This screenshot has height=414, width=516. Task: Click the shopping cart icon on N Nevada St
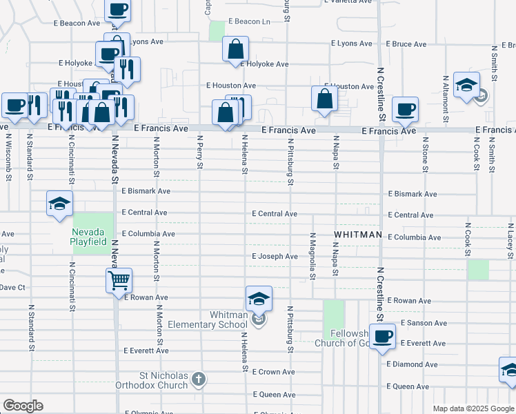119,280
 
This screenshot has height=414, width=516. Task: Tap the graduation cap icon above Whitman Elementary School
259,298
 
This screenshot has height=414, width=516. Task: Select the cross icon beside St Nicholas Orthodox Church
198,379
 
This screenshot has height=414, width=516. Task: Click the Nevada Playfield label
88,237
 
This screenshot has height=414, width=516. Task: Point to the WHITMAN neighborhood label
358,235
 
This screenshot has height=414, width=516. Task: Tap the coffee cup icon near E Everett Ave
382,337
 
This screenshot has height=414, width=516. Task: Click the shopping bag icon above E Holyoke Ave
235,48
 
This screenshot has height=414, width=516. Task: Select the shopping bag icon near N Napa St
324,98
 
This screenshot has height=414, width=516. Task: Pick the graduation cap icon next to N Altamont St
466,85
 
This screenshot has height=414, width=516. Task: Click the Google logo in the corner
23,406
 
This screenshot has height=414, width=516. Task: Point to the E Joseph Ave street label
275,257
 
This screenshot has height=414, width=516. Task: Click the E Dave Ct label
12,287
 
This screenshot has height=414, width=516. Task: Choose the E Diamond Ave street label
412,364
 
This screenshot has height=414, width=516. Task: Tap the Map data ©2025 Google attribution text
473,408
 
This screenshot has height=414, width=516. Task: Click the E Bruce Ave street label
406,44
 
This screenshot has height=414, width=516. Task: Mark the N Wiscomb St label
9,153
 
